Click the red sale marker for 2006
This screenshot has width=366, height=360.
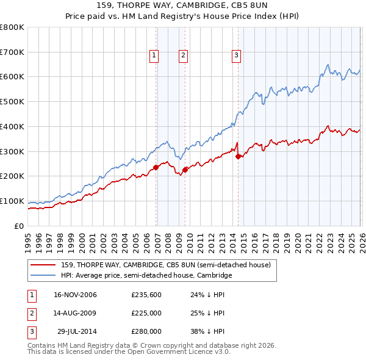click(x=156, y=167)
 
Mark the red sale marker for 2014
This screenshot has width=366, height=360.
click(x=239, y=156)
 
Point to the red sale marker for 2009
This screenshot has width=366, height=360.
click(x=185, y=170)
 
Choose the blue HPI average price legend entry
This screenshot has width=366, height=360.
click(x=146, y=276)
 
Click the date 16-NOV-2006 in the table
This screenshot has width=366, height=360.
click(x=75, y=295)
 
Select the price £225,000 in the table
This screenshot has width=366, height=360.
click(x=146, y=313)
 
